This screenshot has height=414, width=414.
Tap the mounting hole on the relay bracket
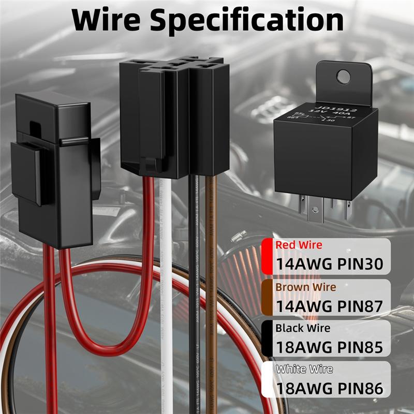click(x=343, y=77)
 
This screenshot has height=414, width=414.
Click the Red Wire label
click(x=299, y=245)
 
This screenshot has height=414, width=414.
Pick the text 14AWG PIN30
click(x=329, y=264)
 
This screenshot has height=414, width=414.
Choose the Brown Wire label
click(x=305, y=287)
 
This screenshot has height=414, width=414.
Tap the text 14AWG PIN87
click(x=329, y=306)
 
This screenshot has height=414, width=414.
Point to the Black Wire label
click(x=302, y=328)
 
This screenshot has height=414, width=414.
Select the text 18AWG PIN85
click(x=329, y=347)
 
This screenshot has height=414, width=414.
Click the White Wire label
click(x=304, y=369)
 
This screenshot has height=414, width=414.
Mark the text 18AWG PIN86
click(x=329, y=389)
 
